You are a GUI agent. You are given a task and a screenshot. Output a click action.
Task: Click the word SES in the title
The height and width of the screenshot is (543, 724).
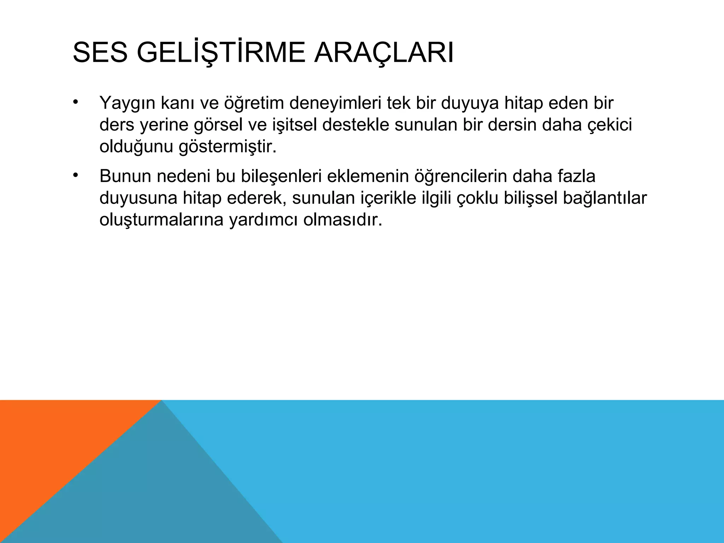pos(100,53)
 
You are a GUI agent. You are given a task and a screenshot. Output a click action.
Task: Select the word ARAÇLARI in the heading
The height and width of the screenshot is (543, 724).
pos(384,53)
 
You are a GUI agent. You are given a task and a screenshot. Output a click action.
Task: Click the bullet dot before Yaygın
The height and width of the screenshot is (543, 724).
pos(75,102)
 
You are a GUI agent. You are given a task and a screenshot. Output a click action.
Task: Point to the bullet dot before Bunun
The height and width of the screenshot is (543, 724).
pos(75,175)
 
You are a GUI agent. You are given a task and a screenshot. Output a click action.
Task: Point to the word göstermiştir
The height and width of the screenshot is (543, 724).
pos(228,147)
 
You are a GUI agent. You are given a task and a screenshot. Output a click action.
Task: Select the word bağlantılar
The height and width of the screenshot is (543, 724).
pos(605,198)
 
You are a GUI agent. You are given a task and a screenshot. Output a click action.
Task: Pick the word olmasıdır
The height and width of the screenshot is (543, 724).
pos(343,220)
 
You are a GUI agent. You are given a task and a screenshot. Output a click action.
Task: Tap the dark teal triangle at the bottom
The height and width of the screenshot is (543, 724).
pos(148,495)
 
